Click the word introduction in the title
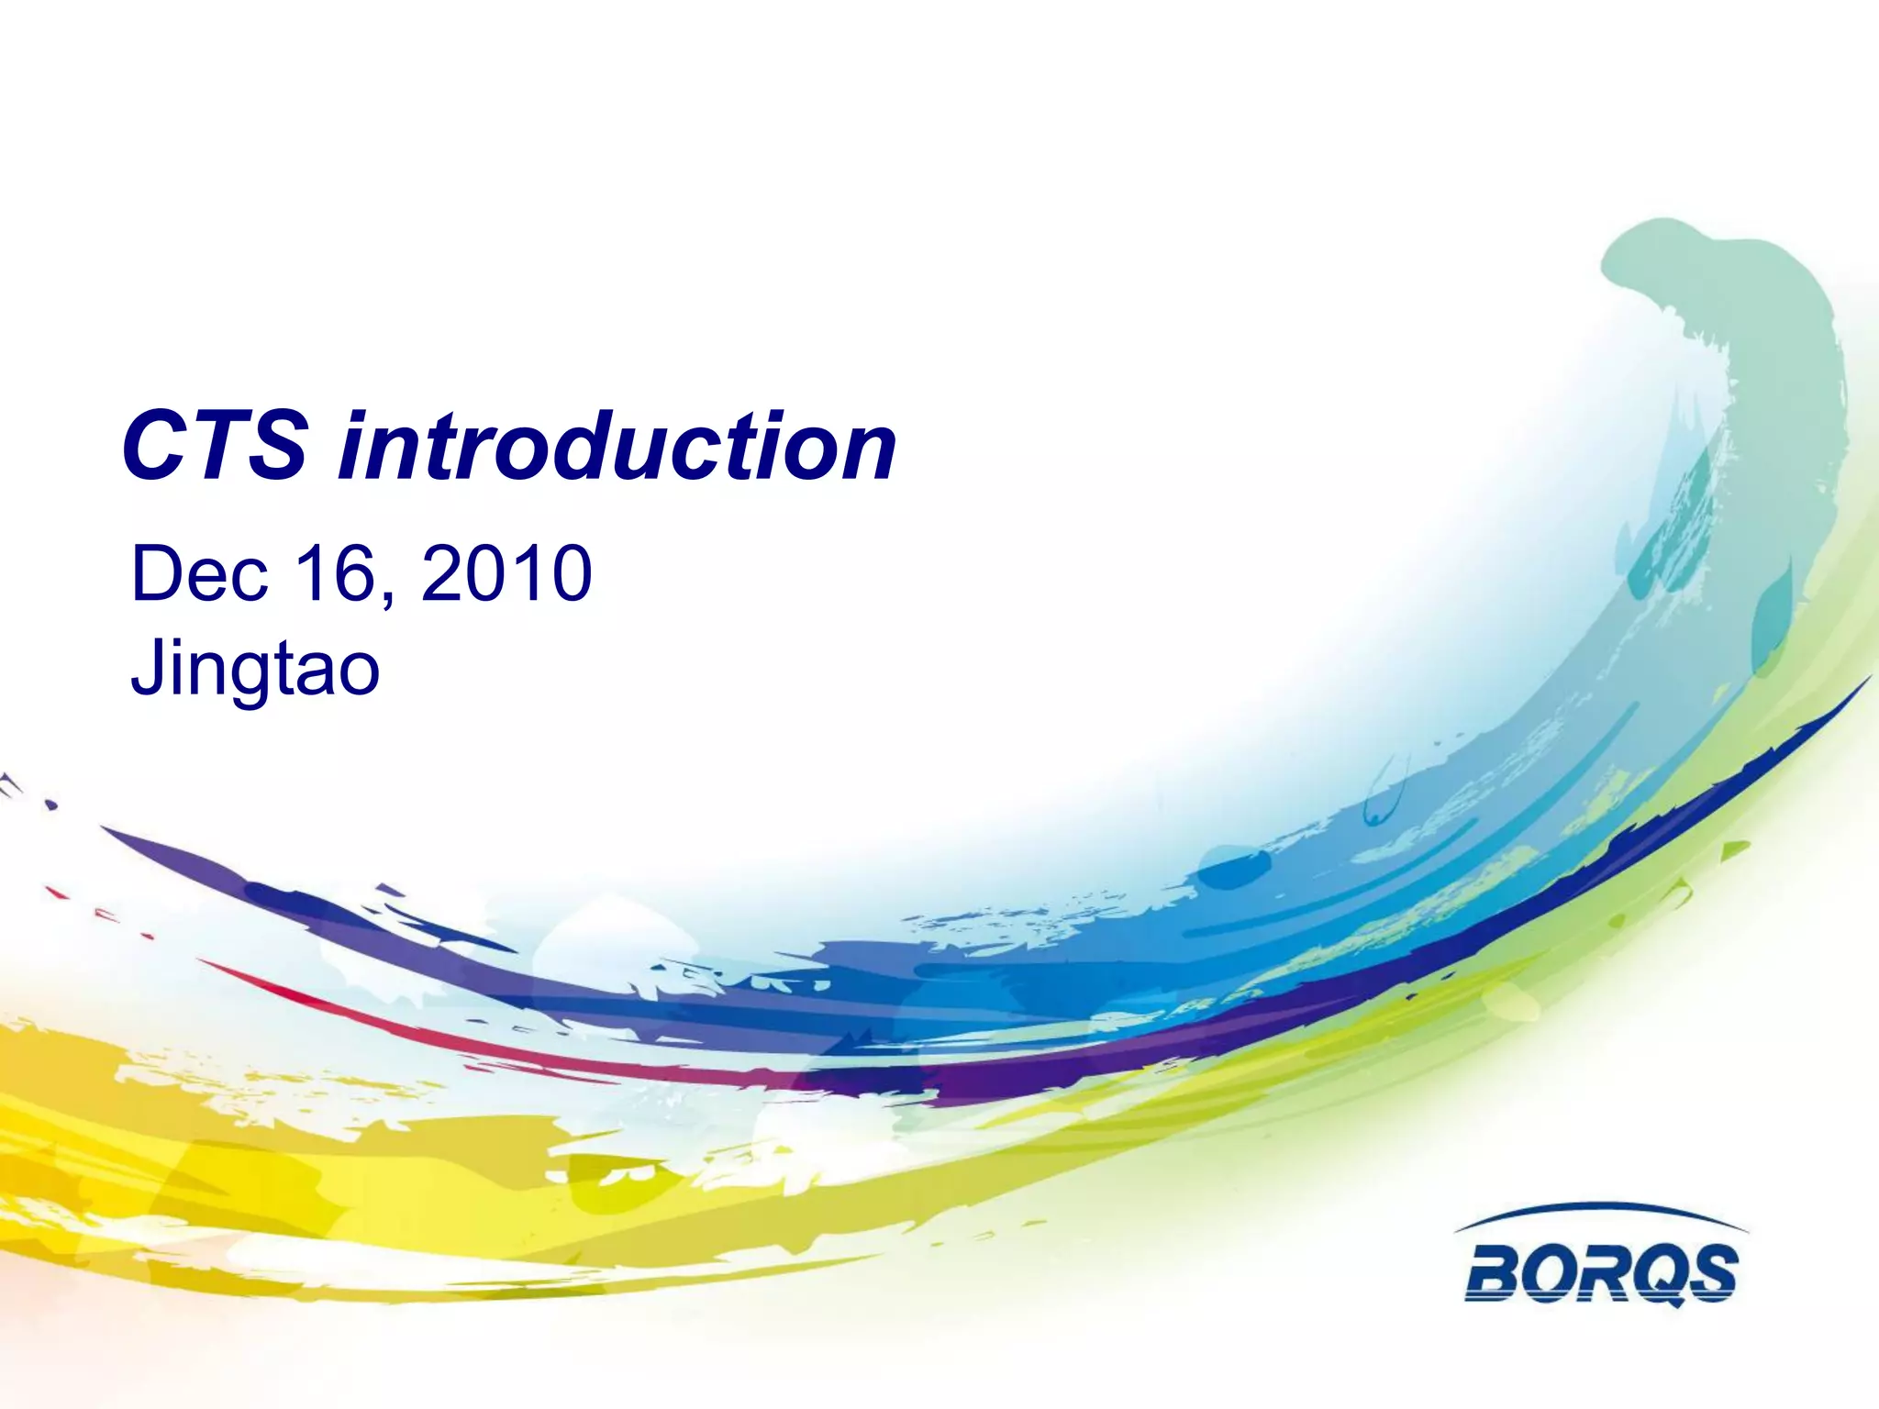click(x=617, y=446)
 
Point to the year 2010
click(x=506, y=573)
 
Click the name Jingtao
click(x=255, y=670)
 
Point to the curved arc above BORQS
click(x=1601, y=1209)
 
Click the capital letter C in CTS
click(x=154, y=446)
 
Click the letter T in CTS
click(x=215, y=446)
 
